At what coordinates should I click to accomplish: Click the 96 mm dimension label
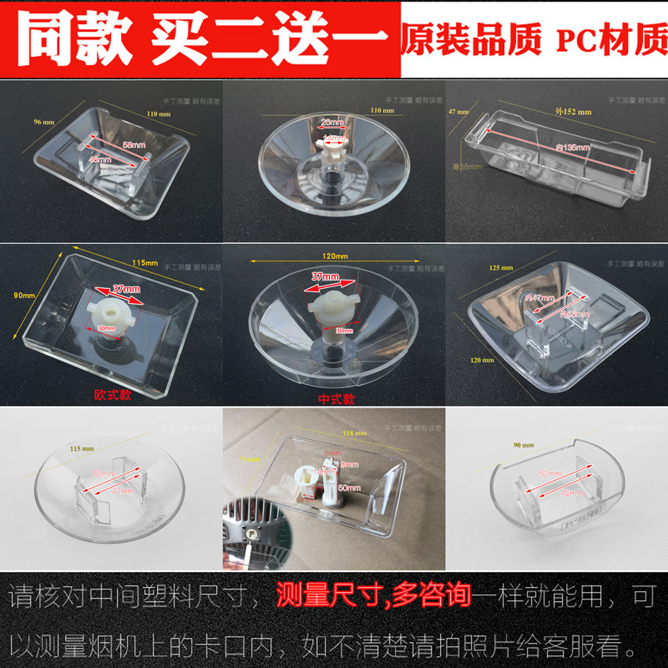(x=44, y=122)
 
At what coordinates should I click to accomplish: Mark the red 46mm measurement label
(x=99, y=159)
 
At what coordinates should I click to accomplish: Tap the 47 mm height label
(x=458, y=110)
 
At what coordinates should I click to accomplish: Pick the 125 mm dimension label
(x=493, y=268)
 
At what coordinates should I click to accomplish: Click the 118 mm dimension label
(x=353, y=433)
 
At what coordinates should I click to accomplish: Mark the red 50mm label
(x=349, y=487)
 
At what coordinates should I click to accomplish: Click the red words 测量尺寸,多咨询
(x=374, y=599)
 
